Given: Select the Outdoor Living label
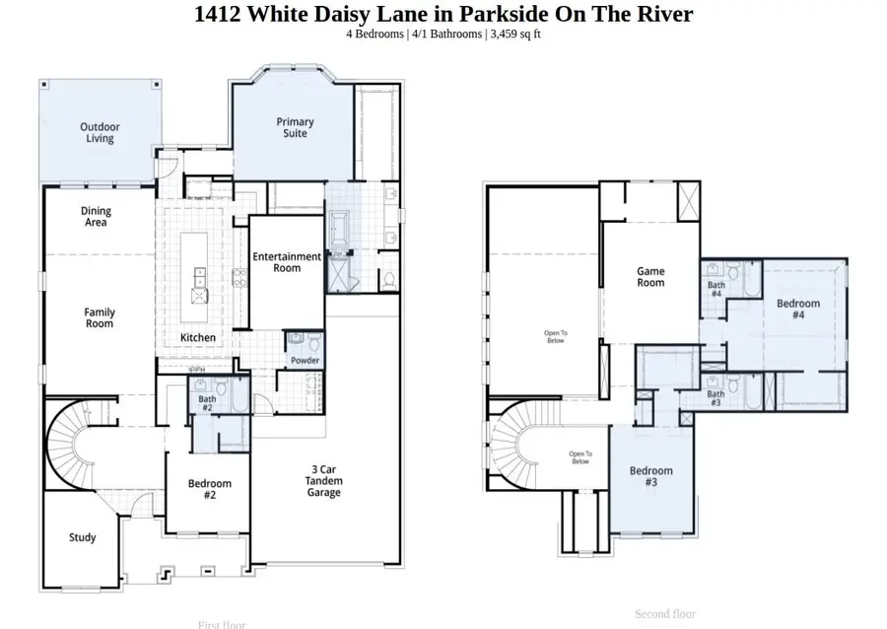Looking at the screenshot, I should [100, 133].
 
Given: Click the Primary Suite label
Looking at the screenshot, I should [295, 127].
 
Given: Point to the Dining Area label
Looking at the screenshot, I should [96, 217].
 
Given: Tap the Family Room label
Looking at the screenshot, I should [99, 317].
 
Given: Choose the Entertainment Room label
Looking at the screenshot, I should [287, 262].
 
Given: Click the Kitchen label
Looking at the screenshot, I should [198, 338].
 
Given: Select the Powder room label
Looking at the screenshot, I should [305, 361].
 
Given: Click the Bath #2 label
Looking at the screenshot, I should [207, 402].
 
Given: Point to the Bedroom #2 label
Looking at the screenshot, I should [210, 489].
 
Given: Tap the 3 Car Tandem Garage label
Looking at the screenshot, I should [323, 481].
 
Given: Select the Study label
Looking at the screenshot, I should [83, 537].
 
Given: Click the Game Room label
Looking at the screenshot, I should [650, 277].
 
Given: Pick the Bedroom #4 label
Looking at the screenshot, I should [798, 310].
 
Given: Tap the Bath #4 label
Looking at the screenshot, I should [716, 290].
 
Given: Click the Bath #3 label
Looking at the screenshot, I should [716, 399].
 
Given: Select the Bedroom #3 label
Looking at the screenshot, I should [651, 477].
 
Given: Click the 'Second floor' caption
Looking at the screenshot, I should [665, 614].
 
